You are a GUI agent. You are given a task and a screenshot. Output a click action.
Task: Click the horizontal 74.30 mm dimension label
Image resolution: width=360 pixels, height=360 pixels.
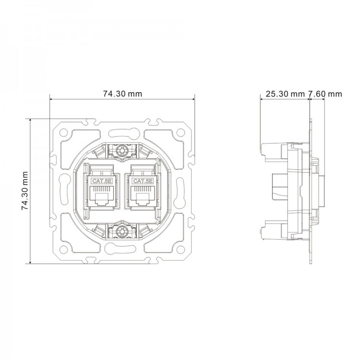(122, 94)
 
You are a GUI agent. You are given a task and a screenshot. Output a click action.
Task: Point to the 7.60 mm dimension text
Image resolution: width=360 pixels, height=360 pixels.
(325, 94)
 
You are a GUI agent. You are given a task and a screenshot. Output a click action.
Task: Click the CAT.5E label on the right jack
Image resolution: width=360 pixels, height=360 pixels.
(143, 181)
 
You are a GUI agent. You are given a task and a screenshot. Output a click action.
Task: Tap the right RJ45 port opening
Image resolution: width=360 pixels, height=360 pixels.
(143, 198)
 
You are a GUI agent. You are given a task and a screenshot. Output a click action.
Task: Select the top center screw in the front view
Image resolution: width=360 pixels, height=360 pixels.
(122, 151)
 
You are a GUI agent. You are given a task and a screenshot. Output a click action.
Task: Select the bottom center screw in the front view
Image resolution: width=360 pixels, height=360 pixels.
(122, 232)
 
